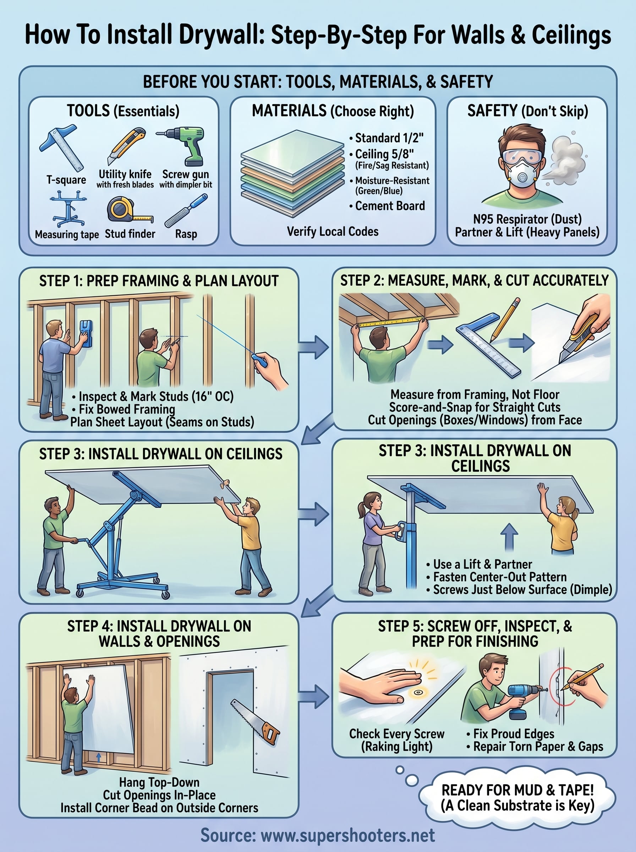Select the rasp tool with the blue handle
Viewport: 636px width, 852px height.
186,211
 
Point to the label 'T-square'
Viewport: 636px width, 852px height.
66,180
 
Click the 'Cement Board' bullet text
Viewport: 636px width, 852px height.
390,206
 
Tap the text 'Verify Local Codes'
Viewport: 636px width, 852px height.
333,231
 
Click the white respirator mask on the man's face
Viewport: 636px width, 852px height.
522,174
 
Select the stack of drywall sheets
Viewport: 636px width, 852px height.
292,173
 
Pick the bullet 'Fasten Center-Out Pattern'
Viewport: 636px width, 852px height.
500,577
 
